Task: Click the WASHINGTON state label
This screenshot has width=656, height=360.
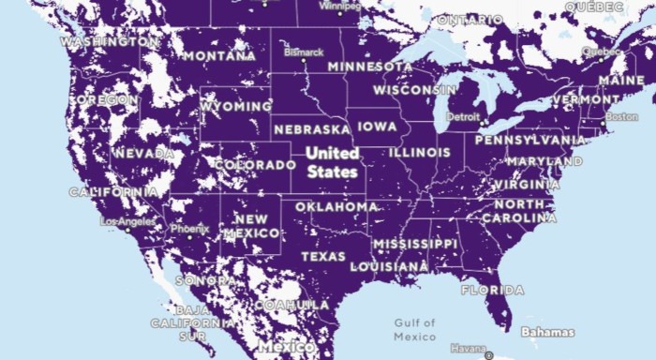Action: tap(109, 42)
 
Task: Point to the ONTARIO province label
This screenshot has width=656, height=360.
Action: tap(470, 20)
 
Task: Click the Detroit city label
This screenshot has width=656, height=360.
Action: tap(463, 117)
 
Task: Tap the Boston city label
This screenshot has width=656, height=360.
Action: tap(621, 117)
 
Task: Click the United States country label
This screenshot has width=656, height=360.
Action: tap(332, 162)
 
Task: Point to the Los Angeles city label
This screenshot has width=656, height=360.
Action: tap(128, 221)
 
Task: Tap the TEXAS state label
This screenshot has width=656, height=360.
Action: tap(322, 256)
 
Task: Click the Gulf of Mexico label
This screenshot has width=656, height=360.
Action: tap(414, 329)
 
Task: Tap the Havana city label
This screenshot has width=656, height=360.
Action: tap(469, 349)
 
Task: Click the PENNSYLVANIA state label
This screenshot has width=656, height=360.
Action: tap(530, 140)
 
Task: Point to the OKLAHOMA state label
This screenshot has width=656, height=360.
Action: tap(336, 206)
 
